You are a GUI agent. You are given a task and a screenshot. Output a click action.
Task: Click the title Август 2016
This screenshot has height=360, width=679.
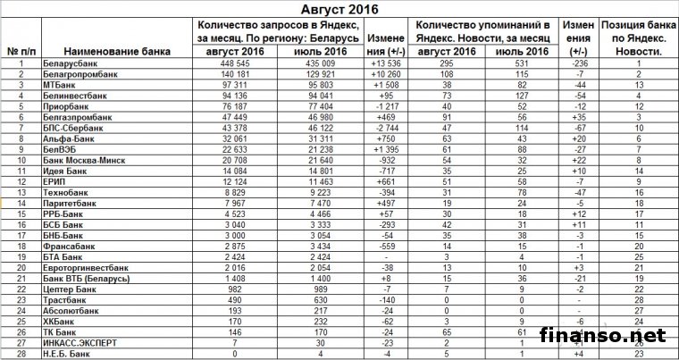coord(343,10)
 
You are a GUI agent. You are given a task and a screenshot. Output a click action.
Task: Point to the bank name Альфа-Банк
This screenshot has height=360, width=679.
coord(67,138)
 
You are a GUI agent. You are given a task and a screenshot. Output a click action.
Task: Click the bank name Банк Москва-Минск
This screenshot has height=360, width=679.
coord(82,160)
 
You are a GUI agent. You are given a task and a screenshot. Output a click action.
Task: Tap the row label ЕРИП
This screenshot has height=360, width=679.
coord(54,181)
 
